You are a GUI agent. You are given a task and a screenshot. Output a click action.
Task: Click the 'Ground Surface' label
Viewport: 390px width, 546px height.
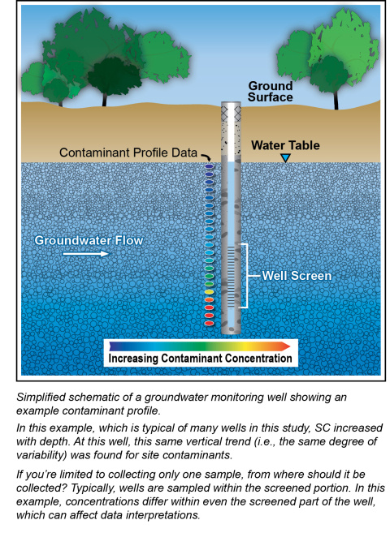pyautogui.click(x=271, y=92)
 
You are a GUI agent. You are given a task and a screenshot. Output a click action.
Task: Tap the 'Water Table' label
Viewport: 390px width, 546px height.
pyautogui.click(x=285, y=145)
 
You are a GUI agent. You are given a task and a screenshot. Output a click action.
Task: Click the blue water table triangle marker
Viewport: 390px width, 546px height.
pyautogui.click(x=285, y=158)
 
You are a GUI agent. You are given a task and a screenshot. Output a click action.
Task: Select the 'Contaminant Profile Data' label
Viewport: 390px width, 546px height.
pyautogui.click(x=128, y=153)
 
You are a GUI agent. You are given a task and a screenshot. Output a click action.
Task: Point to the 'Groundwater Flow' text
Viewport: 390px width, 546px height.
pyautogui.click(x=89, y=240)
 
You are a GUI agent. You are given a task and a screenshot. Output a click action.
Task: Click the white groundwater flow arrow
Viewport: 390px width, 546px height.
pyautogui.click(x=85, y=253)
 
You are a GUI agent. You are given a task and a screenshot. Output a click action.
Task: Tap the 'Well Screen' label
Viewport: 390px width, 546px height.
pyautogui.click(x=297, y=276)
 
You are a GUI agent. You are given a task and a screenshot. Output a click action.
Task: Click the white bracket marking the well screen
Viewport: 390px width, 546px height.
pyautogui.click(x=247, y=276)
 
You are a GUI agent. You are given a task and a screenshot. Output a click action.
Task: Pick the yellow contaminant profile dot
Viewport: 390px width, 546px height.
pyautogui.click(x=209, y=292)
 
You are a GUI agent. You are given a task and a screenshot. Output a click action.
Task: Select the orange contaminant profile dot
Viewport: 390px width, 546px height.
pyautogui.click(x=209, y=299)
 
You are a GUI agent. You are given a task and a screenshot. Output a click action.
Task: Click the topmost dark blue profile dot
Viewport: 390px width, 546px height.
pyautogui.click(x=209, y=167)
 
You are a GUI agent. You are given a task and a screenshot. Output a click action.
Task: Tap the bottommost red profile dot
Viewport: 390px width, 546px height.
pyautogui.click(x=209, y=324)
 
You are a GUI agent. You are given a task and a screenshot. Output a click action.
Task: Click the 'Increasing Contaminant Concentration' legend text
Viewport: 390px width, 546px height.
pyautogui.click(x=200, y=359)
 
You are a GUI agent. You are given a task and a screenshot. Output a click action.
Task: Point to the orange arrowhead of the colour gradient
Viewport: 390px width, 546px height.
pyautogui.click(x=286, y=346)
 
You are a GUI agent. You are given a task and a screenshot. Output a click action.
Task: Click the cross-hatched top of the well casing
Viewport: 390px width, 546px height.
pyautogui.click(x=231, y=112)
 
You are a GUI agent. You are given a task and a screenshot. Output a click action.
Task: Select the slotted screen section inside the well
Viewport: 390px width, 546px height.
pyautogui.click(x=232, y=275)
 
